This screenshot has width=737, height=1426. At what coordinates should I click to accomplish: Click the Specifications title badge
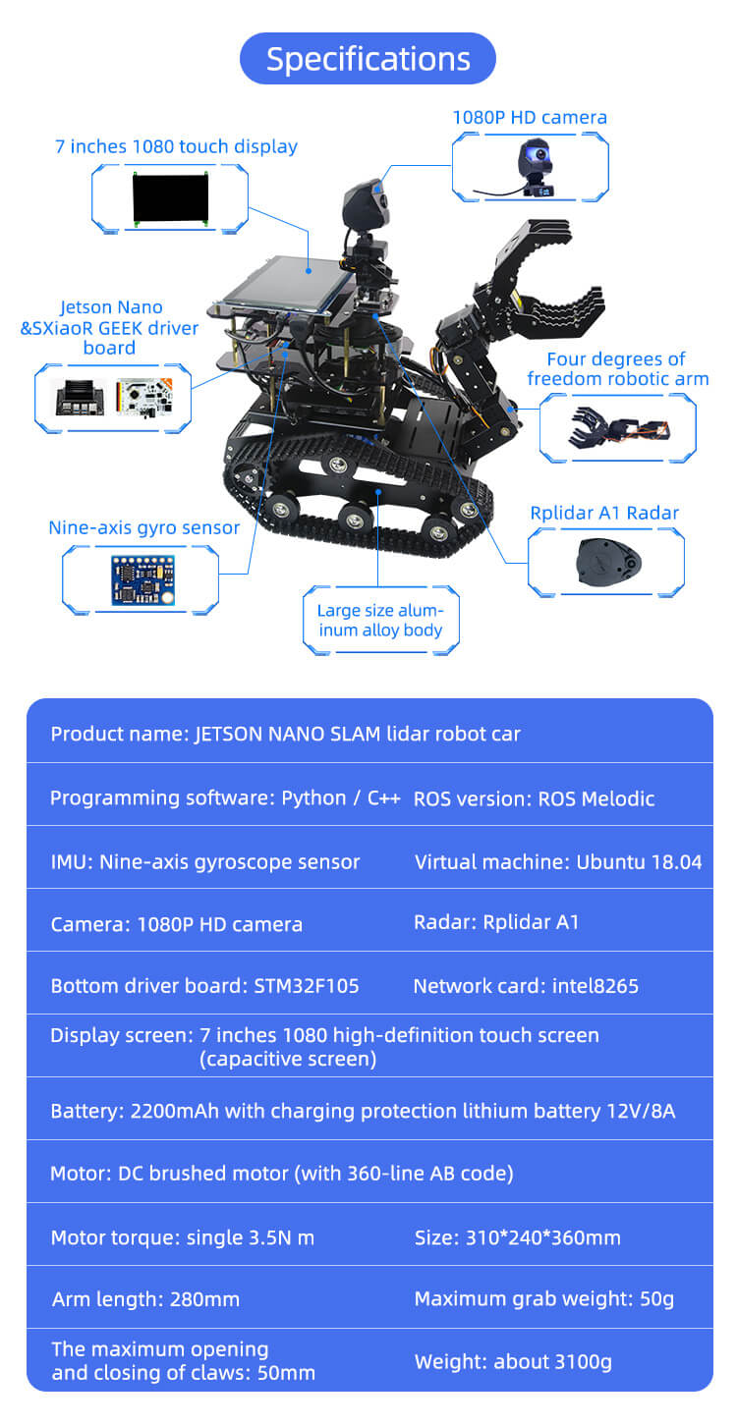coord(368,59)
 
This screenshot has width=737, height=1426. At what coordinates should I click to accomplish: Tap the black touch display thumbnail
coord(170,197)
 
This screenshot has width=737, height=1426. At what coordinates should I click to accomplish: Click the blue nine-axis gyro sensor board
coord(143,579)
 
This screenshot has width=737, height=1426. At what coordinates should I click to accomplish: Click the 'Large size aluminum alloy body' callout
coord(380,620)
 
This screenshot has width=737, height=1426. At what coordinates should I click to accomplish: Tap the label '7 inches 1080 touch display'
coord(177,146)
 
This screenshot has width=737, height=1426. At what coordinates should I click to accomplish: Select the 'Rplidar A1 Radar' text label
coord(604,513)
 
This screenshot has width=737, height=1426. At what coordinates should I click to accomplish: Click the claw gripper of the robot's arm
coord(537,280)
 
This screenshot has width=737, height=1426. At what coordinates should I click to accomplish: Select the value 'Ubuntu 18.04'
coord(639,861)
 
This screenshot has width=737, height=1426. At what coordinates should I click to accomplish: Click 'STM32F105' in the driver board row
coord(307,985)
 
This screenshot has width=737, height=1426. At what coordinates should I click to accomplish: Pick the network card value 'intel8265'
coord(595,985)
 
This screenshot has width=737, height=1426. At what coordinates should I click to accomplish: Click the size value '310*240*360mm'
coord(543,1237)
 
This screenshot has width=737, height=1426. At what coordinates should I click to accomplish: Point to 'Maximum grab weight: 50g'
coord(544,1298)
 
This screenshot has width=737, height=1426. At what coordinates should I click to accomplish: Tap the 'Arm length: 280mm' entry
coord(145,1298)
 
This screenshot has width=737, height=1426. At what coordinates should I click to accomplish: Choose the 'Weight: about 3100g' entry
coord(513,1362)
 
